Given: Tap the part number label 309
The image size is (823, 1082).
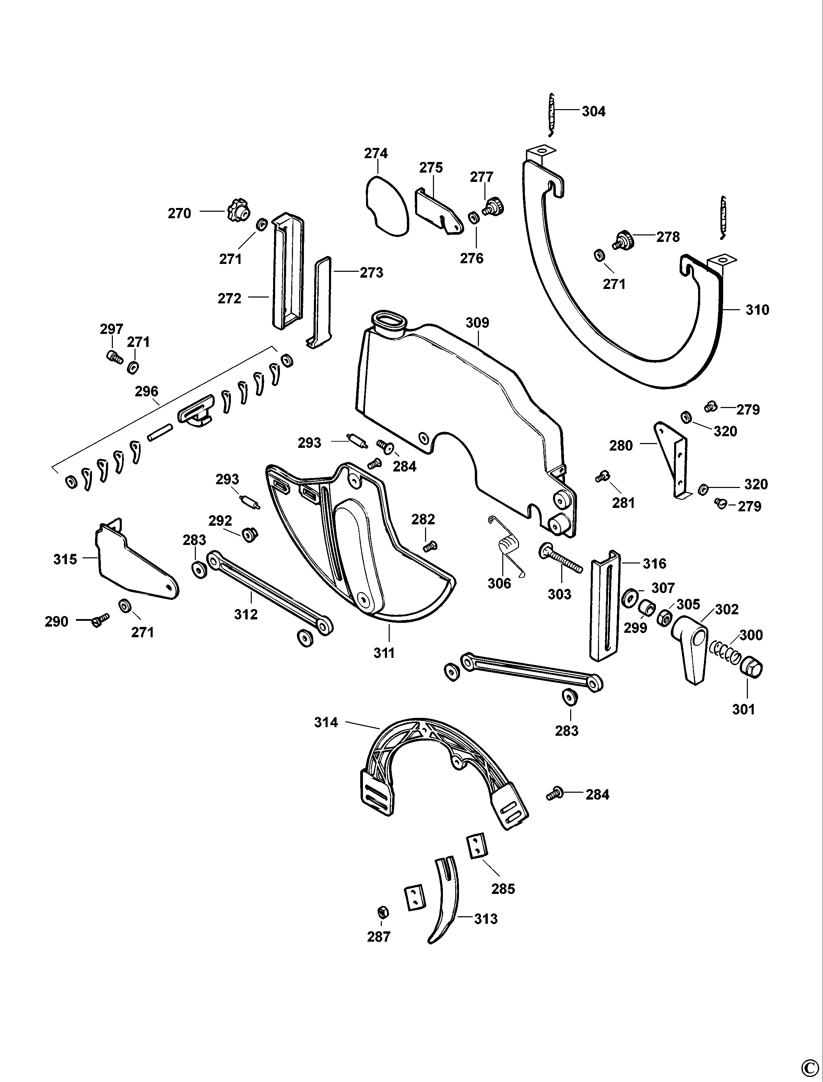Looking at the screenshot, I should [477, 323].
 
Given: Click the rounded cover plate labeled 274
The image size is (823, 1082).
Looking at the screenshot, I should [386, 207].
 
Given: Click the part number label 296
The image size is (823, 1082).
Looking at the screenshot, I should [146, 392].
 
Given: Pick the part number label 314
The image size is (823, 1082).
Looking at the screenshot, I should [326, 722].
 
